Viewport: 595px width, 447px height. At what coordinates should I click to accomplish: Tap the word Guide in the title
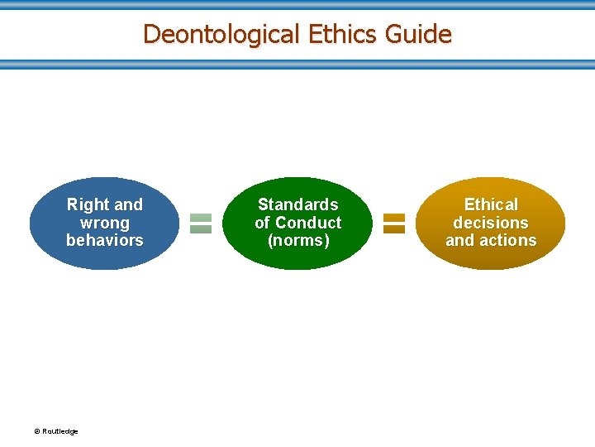421,35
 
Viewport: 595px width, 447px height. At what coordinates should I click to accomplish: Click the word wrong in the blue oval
105,223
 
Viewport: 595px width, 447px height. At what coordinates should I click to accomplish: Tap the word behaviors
105,240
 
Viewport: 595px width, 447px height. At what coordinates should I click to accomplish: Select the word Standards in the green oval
298,204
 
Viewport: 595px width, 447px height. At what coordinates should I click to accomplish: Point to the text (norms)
298,240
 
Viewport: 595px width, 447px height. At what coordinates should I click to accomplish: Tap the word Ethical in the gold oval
491,204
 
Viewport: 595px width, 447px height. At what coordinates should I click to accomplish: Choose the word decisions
491,223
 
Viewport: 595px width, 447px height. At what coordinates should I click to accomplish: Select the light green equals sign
201,223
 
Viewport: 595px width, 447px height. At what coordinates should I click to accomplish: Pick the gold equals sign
394,223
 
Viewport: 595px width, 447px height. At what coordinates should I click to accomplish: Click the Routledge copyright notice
56,431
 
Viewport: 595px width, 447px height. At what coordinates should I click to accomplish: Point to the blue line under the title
297,64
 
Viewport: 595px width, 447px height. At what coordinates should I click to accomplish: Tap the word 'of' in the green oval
263,223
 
